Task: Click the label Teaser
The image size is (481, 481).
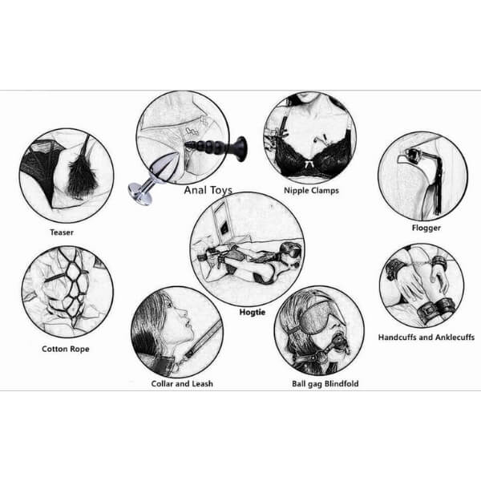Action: [62, 232]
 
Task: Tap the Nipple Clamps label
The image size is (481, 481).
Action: [311, 191]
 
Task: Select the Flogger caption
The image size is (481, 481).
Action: [426, 228]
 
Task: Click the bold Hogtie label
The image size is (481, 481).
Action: [253, 313]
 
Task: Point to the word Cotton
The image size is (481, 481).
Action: [55, 349]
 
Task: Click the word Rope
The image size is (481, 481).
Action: [79, 349]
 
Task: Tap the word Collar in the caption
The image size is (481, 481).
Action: [162, 383]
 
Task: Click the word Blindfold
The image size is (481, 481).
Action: [342, 383]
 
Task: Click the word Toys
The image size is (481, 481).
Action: [220, 191]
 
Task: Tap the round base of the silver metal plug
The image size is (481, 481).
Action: [137, 192]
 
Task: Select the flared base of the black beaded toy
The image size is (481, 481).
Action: [240, 149]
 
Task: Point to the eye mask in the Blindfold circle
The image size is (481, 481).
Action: [322, 317]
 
